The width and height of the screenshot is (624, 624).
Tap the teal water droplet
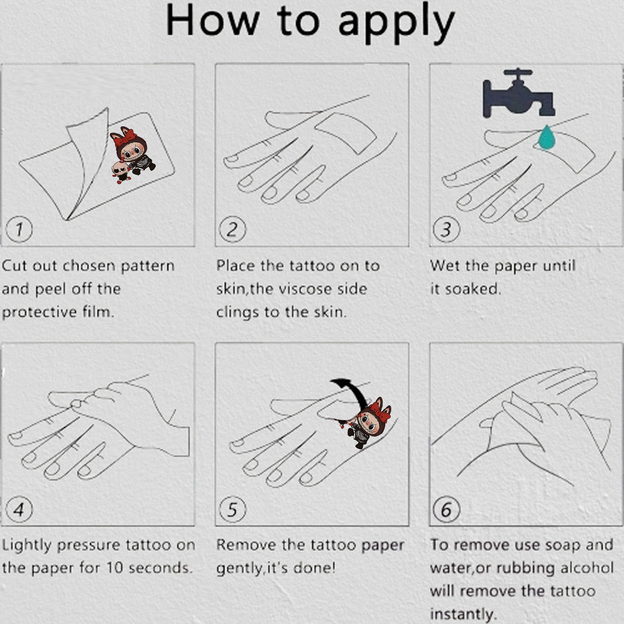547,138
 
